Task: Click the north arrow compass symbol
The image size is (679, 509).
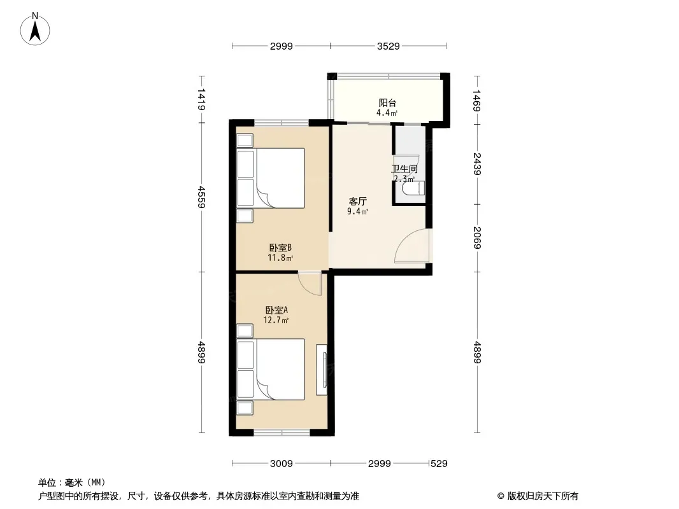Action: coord(35,29)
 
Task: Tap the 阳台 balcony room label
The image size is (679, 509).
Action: coord(387,103)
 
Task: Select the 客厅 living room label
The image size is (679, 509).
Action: coord(358,201)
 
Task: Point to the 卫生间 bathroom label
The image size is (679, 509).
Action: coord(404,169)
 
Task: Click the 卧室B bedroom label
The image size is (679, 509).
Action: coord(281,248)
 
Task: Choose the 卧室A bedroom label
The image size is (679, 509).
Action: coord(276,310)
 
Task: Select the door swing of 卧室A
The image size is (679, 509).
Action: coord(310,284)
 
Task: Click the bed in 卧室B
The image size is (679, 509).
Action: coord(271,178)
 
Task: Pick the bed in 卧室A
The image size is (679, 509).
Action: coord(271,369)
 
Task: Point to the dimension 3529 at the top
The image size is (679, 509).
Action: coord(388,46)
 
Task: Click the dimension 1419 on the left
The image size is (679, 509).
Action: coord(201,99)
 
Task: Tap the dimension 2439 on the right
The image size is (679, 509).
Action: coord(477,164)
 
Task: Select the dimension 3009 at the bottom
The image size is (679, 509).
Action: coord(282,464)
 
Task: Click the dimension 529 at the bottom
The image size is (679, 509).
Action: coord(439,464)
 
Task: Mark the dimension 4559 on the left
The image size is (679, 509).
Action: coord(201,197)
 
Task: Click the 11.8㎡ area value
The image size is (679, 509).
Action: coord(280,258)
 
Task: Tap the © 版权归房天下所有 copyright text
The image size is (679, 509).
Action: coord(538,496)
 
